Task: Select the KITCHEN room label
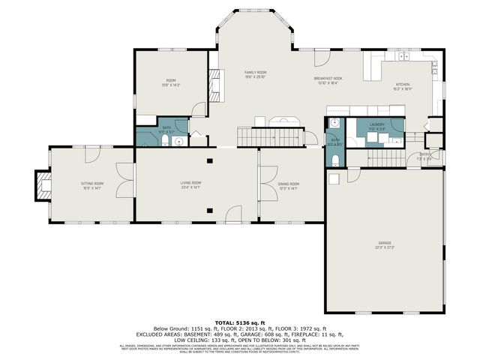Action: tap(403, 86)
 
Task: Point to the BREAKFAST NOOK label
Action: tap(328, 79)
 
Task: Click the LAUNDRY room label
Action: tap(376, 126)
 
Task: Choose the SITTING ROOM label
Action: tap(92, 184)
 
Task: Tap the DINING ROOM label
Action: tap(289, 184)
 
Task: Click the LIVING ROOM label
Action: tap(190, 184)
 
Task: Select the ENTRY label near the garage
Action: tap(425, 156)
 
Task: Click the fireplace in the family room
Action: tap(214, 85)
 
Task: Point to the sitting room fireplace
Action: tap(41, 184)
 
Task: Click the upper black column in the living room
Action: tap(208, 160)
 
